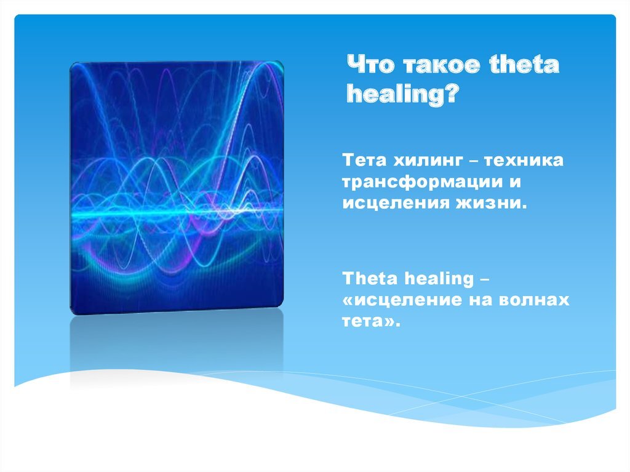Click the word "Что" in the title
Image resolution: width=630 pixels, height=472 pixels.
coord(371,65)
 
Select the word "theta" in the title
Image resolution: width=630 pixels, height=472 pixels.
coord(524,65)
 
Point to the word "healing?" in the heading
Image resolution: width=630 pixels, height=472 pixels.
coord(402,95)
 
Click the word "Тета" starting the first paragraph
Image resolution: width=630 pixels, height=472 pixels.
coord(364,161)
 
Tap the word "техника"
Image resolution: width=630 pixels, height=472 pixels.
coord(523,161)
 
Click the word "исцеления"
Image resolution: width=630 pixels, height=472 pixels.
coord(396,203)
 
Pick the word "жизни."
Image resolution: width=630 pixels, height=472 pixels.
coord(490,203)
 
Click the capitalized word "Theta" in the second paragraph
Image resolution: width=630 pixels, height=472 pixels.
coord(370,278)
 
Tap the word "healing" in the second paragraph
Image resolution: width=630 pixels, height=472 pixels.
coord(439,279)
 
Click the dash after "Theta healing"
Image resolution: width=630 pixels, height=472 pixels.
coord(485,279)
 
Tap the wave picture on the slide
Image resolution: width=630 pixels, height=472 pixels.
coord(177,187)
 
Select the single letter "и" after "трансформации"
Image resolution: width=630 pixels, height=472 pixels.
coord(516,182)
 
